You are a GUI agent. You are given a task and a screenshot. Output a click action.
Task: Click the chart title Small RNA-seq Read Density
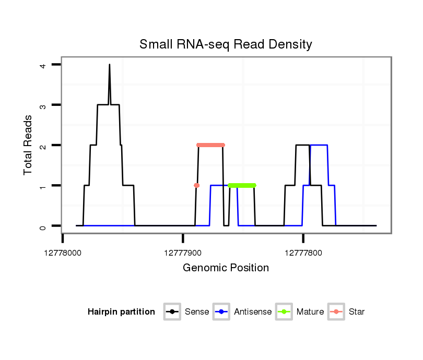[226, 44]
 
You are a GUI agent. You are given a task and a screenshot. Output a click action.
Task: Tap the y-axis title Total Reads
[29, 145]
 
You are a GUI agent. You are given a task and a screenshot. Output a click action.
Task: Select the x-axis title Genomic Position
[226, 268]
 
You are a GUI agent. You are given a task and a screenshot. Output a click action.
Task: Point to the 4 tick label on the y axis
[44, 65]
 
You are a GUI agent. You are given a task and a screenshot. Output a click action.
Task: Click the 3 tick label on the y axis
[44, 105]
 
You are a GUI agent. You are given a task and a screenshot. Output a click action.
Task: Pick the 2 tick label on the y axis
[44, 145]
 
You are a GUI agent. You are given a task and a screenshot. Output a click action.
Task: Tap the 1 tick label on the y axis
[44, 186]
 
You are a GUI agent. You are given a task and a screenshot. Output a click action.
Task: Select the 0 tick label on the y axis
[44, 226]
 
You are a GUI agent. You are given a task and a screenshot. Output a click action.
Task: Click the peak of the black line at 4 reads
[109, 65]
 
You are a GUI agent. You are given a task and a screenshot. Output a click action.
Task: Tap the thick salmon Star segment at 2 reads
[210, 145]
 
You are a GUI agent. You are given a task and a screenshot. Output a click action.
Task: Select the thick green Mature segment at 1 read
[242, 185]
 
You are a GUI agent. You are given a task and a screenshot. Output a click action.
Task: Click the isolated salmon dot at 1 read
[196, 185]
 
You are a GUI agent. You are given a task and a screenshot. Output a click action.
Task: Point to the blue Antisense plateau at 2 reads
[319, 145]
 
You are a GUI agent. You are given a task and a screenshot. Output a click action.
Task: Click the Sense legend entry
[187, 312]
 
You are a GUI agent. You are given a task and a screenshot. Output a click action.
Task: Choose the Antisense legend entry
[243, 312]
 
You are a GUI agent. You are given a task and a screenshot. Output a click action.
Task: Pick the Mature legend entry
[300, 312]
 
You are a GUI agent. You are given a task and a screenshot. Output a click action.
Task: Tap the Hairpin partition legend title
[121, 312]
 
